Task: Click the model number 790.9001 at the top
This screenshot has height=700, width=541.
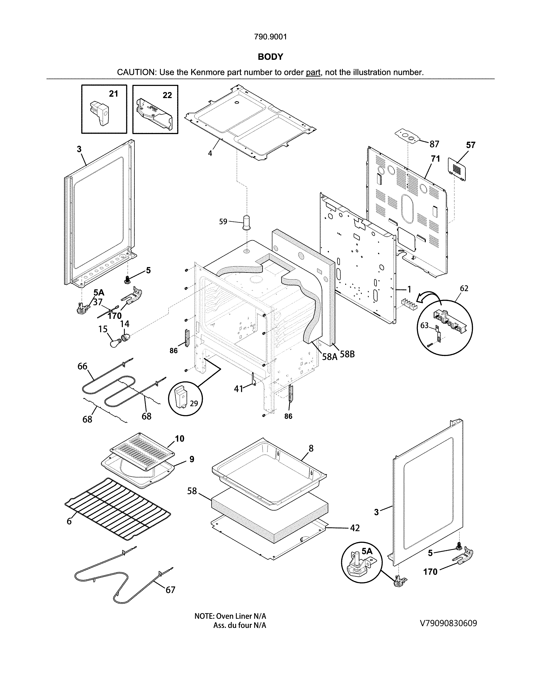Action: point(270,37)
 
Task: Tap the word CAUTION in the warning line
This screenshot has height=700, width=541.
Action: point(136,72)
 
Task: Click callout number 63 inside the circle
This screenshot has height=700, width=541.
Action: point(424,325)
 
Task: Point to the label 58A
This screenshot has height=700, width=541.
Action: point(329,356)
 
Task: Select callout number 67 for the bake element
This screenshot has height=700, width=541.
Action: point(170,589)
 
